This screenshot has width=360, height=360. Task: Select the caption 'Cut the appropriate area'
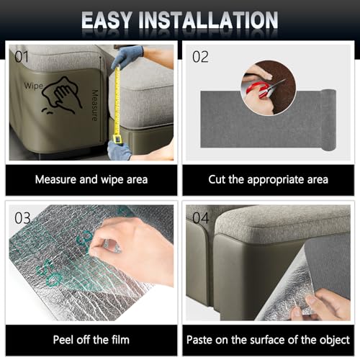click(268, 179)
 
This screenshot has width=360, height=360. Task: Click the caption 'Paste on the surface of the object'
click(268, 339)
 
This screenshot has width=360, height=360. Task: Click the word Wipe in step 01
click(34, 84)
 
